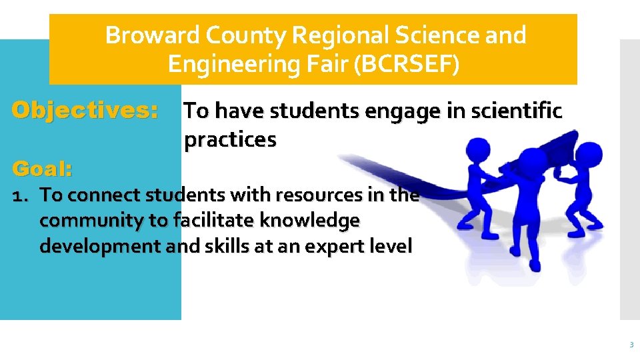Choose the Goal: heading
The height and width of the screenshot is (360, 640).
(43, 169)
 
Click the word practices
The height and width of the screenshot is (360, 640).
(229, 140)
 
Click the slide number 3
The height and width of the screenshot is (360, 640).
(630, 345)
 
